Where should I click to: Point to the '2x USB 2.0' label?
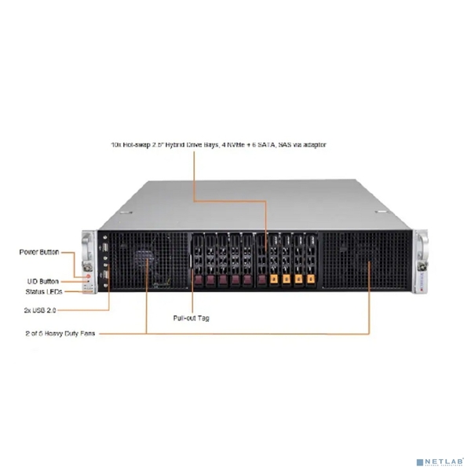39,310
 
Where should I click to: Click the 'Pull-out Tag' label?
191,318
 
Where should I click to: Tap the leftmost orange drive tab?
273,279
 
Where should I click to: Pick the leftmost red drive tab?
208,279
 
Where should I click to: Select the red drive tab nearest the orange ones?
258,279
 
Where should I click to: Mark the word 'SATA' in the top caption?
276,145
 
